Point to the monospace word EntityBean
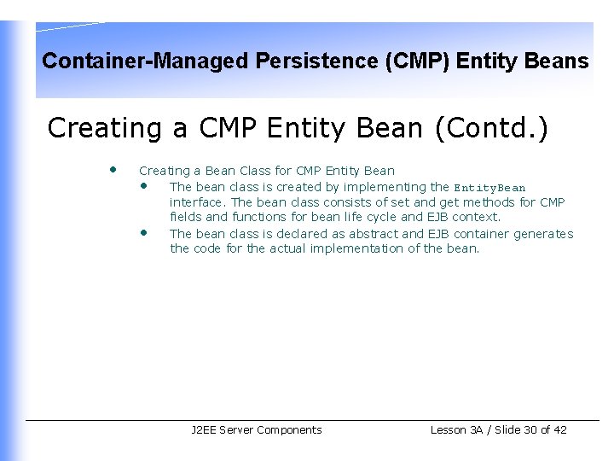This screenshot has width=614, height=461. [x=489, y=188]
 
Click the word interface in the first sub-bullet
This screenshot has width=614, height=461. [x=197, y=202]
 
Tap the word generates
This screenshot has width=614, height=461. [x=543, y=234]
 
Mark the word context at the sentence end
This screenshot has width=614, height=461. [x=478, y=217]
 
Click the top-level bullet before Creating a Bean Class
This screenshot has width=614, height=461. [x=113, y=169]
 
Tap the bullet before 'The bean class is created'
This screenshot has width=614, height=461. [x=145, y=185]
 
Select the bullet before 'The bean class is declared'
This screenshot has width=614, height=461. [x=145, y=232]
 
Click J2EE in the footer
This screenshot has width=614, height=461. [x=203, y=430]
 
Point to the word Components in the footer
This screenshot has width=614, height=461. [x=289, y=430]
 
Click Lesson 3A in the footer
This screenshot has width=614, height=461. [x=459, y=430]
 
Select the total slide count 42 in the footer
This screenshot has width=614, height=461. [x=559, y=430]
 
